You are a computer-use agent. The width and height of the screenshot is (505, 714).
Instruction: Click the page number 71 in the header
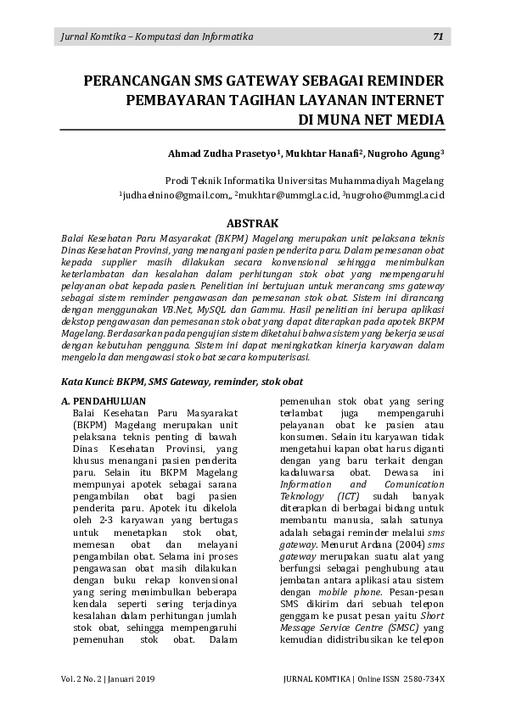tap(438, 36)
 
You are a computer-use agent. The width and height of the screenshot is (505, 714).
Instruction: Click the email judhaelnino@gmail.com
tap(174, 196)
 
